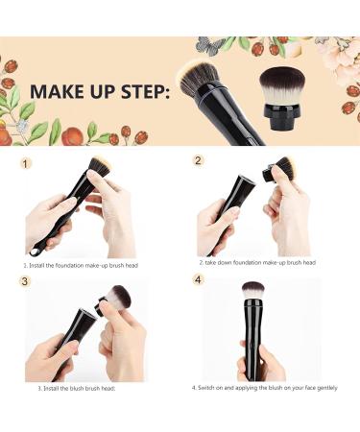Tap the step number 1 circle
(x=27, y=165)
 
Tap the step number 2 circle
(x=199, y=160)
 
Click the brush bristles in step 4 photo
(x=254, y=290)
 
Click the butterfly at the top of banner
(x=209, y=43)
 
